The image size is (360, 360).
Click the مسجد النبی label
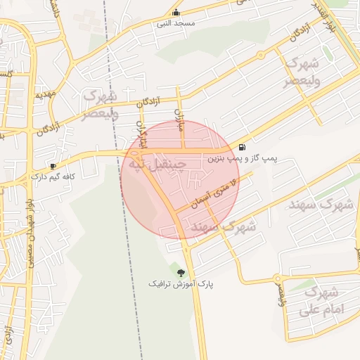pos(175,23)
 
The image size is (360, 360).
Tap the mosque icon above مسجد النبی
pos(175,13)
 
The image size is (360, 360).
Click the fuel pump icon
pos(243,148)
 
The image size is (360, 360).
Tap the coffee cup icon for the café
pos(53,166)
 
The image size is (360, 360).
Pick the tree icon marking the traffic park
pos(181,273)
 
